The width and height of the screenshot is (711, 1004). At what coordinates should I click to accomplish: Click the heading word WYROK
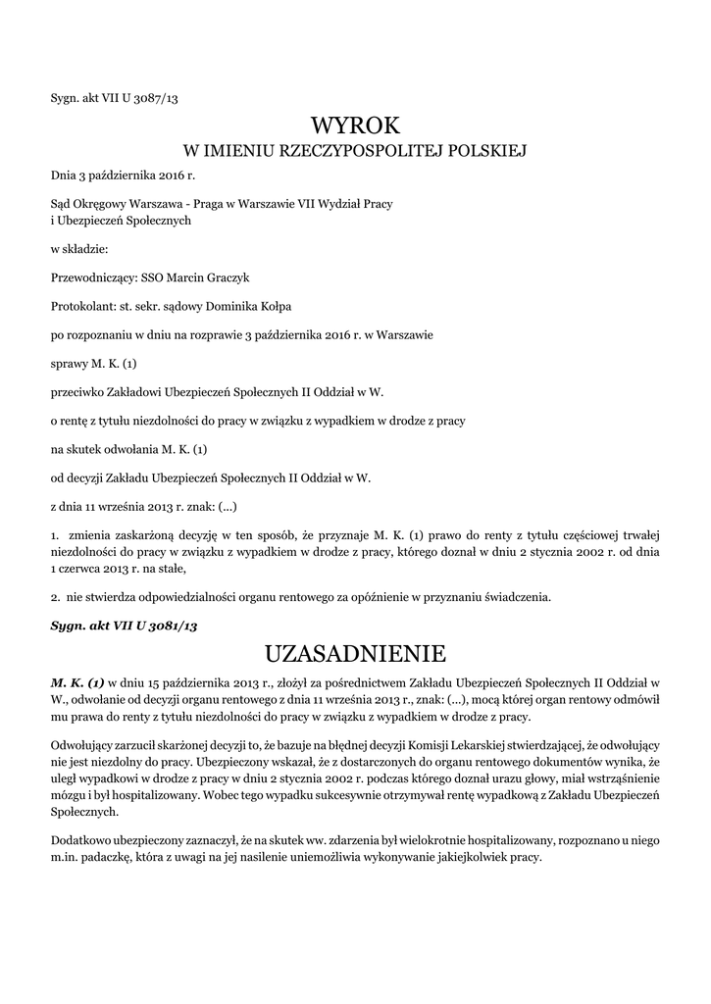(x=355, y=125)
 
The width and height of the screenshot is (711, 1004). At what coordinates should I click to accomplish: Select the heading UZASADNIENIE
(x=355, y=652)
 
